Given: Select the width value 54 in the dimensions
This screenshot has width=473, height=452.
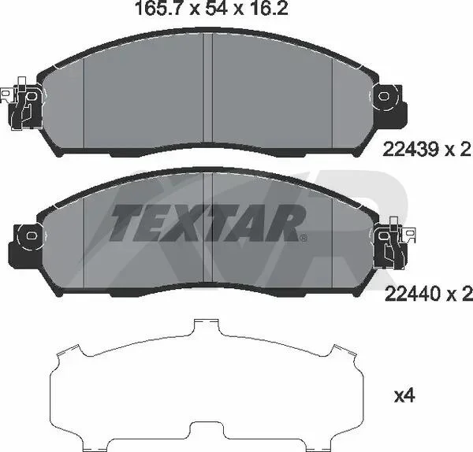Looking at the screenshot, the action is click(216, 8).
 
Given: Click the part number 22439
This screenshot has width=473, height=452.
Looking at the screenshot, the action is click(411, 150).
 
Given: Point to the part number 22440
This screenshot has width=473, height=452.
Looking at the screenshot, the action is click(412, 293).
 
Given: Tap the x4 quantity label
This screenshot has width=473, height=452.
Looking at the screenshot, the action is click(405, 396).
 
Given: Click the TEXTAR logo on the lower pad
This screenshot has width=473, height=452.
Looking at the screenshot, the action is click(207, 223).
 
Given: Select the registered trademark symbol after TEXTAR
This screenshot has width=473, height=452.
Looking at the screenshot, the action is click(304, 239).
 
